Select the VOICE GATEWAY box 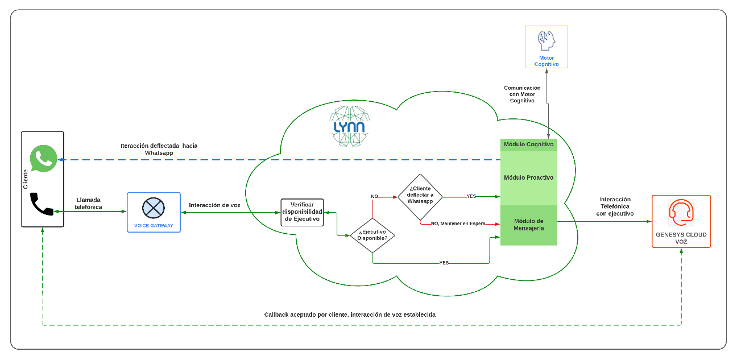click(154, 212)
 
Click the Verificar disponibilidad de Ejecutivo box click(302, 212)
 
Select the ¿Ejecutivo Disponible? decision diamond click(372, 235)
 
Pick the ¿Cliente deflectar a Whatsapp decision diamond click(420, 197)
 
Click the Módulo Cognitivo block click(529, 144)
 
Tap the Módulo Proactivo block click(529, 177)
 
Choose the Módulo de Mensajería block click(529, 225)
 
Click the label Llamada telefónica click(89, 203)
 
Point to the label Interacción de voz click(214, 205)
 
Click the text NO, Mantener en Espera click(458, 224)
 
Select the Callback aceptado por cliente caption click(350, 315)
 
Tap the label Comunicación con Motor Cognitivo click(522, 94)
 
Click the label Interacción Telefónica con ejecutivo click(615, 206)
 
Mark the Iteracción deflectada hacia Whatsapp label click(159, 149)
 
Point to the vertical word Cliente click(26, 179)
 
